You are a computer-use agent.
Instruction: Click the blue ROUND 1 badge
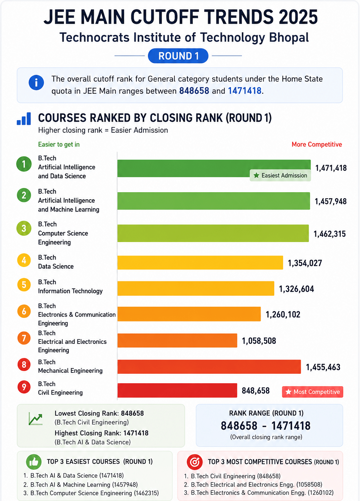tap(178, 56)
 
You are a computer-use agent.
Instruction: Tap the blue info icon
tap(36, 83)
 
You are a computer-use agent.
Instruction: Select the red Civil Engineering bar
tap(177, 390)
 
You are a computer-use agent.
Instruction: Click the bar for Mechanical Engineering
tap(209, 366)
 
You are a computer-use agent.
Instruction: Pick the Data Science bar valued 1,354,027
tap(200, 262)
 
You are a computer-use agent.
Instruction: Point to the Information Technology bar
tap(196, 288)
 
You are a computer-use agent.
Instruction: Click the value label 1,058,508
tap(259, 341)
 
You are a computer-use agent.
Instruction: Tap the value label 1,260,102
tap(283, 314)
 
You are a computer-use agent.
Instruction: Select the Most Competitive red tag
tap(313, 392)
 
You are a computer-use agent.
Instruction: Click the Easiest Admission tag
tap(280, 175)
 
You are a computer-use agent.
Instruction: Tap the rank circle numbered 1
tap(24, 164)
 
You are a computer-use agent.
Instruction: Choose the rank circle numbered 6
tap(24, 311)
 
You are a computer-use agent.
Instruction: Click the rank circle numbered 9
tap(24, 387)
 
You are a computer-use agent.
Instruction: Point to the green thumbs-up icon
tap(34, 462)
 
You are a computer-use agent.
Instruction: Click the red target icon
tap(195, 462)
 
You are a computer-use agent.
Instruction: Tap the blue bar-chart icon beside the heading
tap(24, 118)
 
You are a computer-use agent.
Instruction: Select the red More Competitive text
tap(317, 144)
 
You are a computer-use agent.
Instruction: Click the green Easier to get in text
tap(59, 144)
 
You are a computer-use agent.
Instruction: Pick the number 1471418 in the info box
tap(245, 91)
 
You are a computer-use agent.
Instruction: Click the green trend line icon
tap(36, 419)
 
